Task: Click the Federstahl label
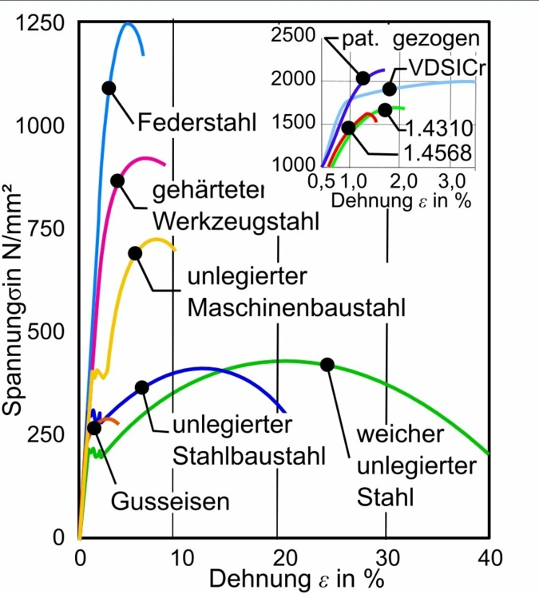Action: click(196, 123)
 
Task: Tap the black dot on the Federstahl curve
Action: click(109, 88)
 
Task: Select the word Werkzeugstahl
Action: click(236, 220)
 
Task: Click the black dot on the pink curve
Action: click(117, 180)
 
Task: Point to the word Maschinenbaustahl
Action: click(295, 307)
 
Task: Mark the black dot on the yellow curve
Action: click(135, 253)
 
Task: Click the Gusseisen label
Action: click(170, 502)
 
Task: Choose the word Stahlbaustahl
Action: click(248, 456)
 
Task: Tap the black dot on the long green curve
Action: click(327, 364)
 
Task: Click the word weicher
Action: click(399, 435)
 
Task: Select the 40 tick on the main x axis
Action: click(489, 558)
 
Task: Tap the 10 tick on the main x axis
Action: click(180, 558)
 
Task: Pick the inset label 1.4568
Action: click(436, 152)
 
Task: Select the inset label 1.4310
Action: click(438, 127)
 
